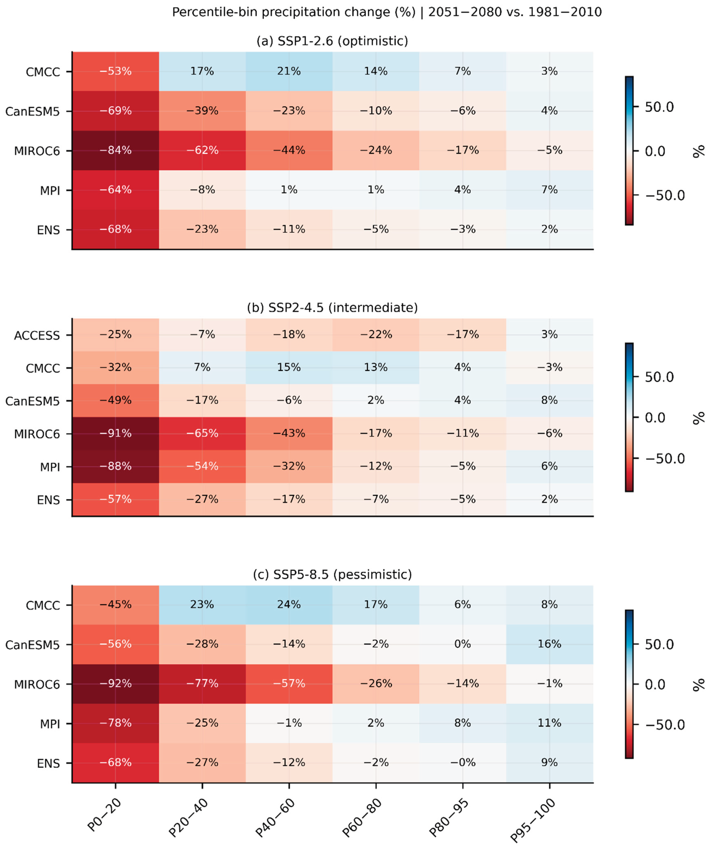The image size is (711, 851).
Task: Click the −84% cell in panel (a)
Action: tap(115, 150)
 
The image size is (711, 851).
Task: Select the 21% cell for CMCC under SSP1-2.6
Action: tap(289, 71)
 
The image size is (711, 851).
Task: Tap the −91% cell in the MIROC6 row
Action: tap(115, 433)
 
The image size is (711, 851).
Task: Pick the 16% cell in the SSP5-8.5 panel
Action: tap(549, 644)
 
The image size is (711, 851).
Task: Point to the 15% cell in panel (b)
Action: tap(289, 367)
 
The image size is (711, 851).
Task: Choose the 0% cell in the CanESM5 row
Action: tap(463, 644)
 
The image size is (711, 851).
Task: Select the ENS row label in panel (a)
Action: tap(48, 230)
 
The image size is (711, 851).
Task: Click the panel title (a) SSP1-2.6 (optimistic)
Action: tap(332, 41)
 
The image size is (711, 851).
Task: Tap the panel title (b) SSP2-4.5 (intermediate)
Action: tap(332, 308)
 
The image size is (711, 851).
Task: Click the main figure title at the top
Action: tap(387, 12)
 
